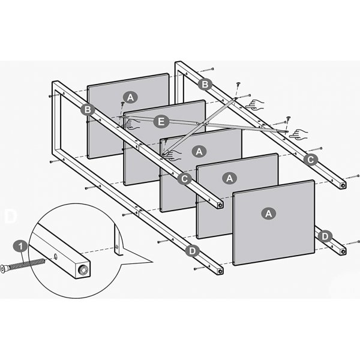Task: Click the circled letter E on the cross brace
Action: (x=159, y=122)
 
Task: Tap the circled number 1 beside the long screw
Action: (x=20, y=246)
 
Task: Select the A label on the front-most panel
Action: (x=268, y=213)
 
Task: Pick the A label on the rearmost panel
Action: (x=129, y=97)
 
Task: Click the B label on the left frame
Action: (x=88, y=109)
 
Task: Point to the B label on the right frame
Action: (x=205, y=84)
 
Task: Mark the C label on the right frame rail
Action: (x=310, y=159)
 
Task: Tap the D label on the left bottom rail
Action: (x=191, y=251)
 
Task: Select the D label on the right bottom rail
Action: (x=325, y=236)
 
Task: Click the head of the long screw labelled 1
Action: (x=5, y=268)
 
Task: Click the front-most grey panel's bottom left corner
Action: (x=235, y=263)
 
